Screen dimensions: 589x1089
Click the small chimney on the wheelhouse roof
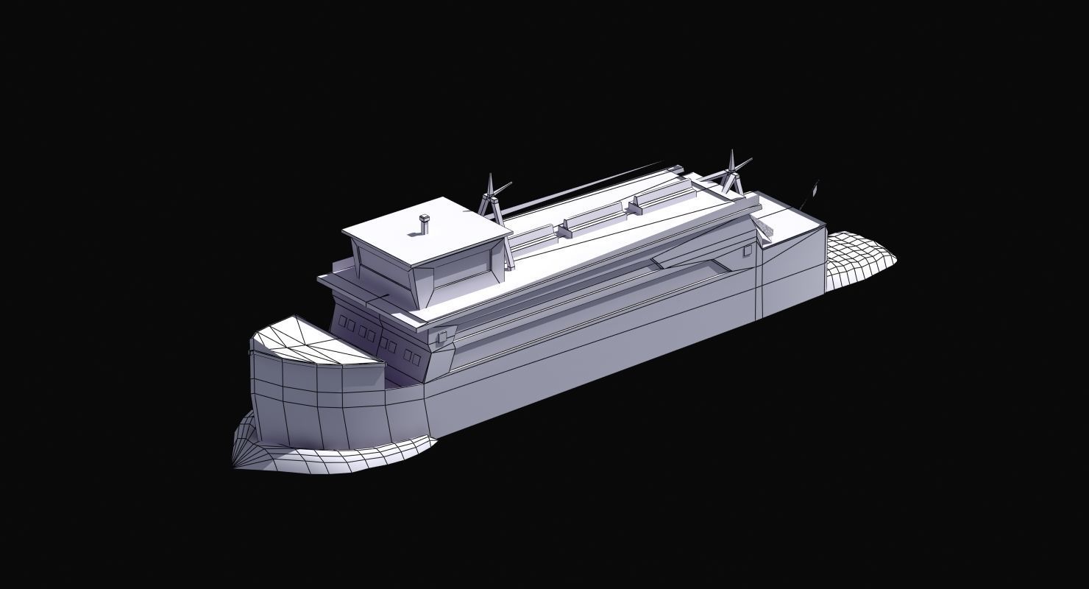point(424,225)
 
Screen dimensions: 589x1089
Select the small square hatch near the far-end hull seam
point(747,250)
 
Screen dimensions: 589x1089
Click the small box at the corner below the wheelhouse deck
point(441,338)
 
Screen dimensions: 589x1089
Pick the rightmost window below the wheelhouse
point(416,359)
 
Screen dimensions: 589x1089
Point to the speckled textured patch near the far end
point(768,229)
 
